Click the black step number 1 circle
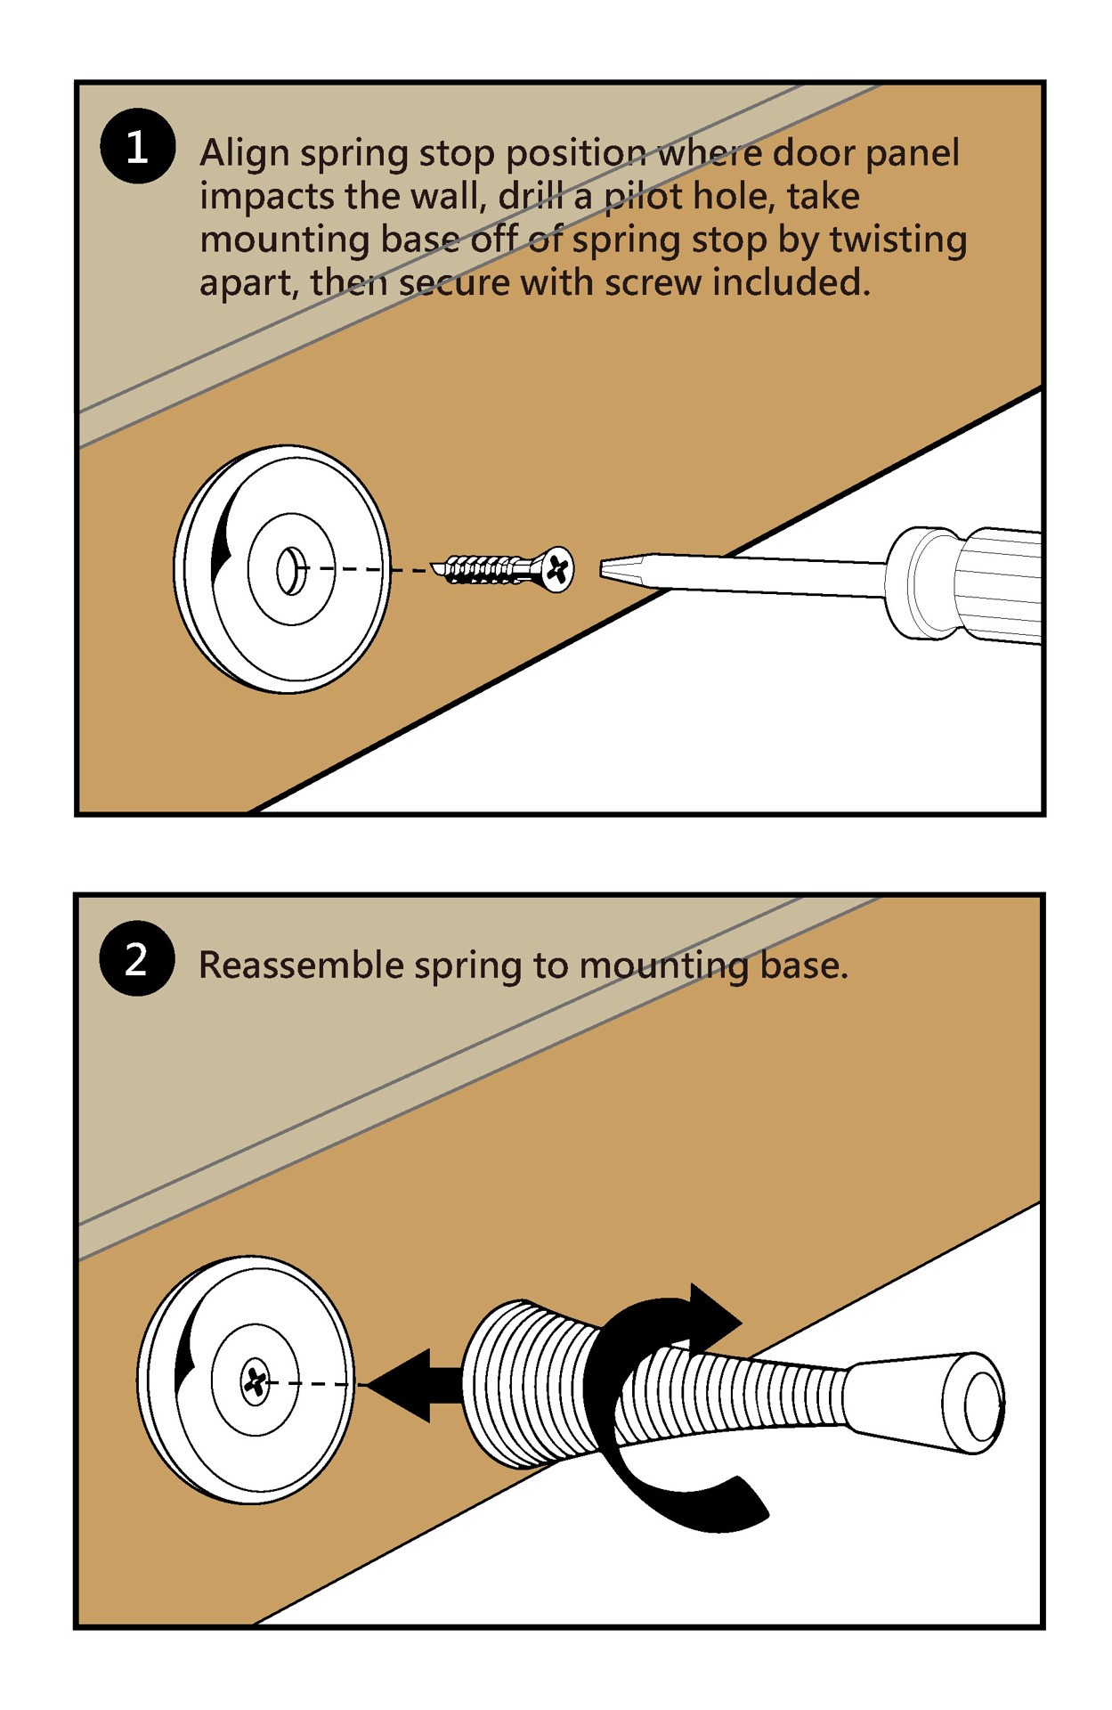[136, 146]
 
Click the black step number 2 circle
[136, 959]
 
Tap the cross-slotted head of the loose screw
[558, 568]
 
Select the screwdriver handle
[970, 583]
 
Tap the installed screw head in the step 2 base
[256, 1381]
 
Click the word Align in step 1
[244, 153]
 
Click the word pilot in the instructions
[644, 197]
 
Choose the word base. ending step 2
[803, 965]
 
